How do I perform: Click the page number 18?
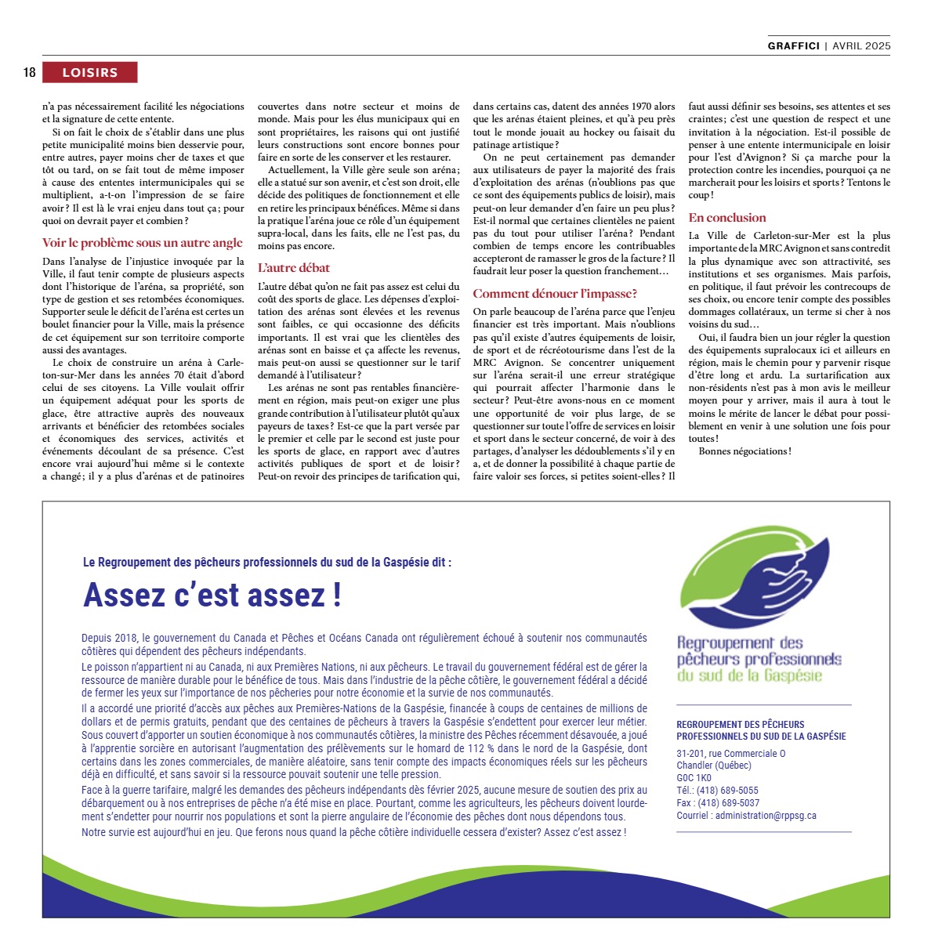coord(30,73)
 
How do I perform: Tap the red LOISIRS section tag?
coord(90,73)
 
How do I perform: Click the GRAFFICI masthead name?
coord(793,46)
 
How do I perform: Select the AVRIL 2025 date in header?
coord(861,46)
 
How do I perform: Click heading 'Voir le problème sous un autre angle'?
coord(143,243)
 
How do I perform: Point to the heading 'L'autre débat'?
coord(294,268)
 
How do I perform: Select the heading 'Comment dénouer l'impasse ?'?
coord(555,294)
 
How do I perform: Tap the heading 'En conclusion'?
coord(727,218)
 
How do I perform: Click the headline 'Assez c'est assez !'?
coord(212,595)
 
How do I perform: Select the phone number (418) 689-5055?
coord(727,791)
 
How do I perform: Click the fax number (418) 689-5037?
coord(728,803)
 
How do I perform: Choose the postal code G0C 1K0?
coord(694,778)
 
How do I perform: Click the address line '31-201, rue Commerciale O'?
coord(730,754)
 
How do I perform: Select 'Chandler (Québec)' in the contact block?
coord(713,766)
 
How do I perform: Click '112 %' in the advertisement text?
coord(482,748)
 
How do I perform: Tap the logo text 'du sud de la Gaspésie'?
coord(749,675)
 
